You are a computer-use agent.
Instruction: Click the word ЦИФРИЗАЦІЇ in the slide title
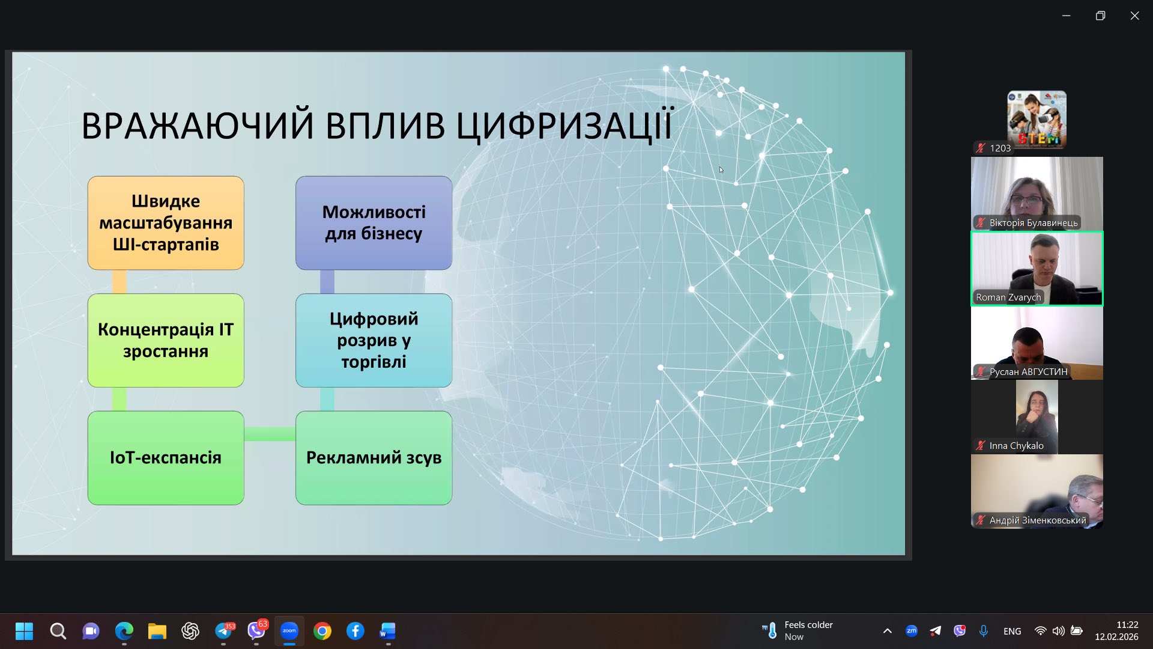(x=565, y=125)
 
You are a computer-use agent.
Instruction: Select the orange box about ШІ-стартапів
(x=166, y=223)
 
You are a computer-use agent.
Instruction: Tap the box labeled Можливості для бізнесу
(x=374, y=223)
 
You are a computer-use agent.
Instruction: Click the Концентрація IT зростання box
(x=166, y=340)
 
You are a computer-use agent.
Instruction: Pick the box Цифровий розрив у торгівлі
(x=374, y=340)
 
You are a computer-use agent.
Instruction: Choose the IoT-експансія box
(x=166, y=458)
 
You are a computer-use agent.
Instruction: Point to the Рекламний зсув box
(x=374, y=458)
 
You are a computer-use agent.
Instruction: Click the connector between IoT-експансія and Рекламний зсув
(x=270, y=434)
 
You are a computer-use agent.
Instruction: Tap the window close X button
(x=1134, y=16)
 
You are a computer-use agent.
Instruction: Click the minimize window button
(x=1066, y=16)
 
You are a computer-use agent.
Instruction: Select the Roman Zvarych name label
(x=1008, y=297)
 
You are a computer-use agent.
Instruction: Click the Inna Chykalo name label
(x=1016, y=446)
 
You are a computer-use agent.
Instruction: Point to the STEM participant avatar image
(x=1037, y=120)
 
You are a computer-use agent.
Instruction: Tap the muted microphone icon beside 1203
(x=981, y=148)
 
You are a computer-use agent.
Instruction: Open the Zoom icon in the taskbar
(x=289, y=631)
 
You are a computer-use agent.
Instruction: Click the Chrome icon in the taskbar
(x=322, y=631)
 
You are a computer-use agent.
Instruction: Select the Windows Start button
(x=25, y=631)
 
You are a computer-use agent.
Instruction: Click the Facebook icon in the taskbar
(x=356, y=631)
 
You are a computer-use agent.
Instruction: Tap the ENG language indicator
(x=1012, y=631)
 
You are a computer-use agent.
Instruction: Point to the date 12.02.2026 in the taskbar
(x=1116, y=637)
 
